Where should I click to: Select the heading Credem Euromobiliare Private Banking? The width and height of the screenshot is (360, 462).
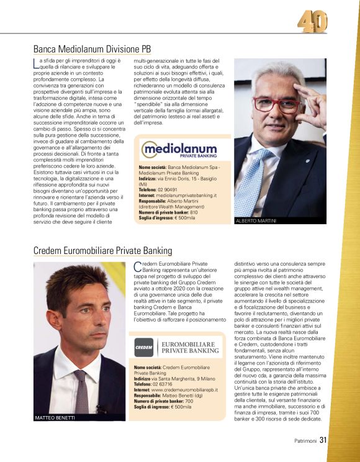tap(102, 250)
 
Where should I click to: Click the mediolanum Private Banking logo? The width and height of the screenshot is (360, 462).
tap(179, 150)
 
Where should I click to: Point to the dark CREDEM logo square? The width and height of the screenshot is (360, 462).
tap(143, 347)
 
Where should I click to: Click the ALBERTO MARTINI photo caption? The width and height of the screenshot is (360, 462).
tap(254, 221)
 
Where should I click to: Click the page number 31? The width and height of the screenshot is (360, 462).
tap(323, 442)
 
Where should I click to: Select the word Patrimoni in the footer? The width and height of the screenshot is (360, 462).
tap(305, 442)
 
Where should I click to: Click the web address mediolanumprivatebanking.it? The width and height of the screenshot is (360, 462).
tap(186, 195)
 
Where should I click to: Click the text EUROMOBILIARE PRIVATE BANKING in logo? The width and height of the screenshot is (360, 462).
tap(190, 346)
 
